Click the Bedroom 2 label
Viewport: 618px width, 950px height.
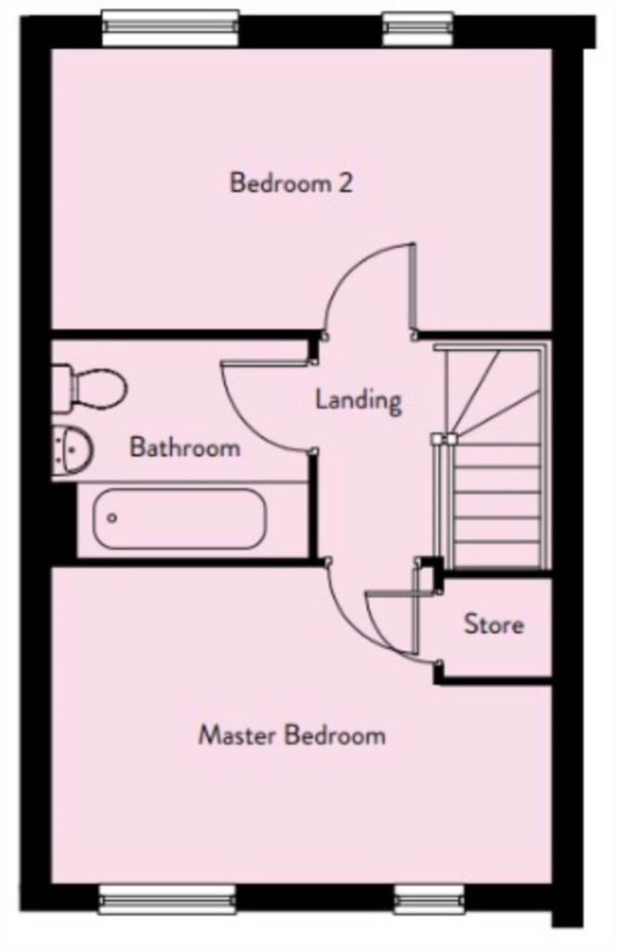290,183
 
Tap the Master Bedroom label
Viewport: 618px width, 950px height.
292,735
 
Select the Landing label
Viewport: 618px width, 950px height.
359,400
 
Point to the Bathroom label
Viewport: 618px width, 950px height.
186,447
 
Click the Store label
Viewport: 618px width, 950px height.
494,623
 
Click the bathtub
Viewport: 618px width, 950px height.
179,519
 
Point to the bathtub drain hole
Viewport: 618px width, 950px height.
111,518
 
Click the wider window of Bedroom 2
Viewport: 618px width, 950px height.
170,29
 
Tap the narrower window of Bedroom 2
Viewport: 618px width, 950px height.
418,29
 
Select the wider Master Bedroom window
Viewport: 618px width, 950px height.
167,899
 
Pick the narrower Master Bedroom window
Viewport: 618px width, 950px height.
430,899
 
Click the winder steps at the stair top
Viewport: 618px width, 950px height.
494,393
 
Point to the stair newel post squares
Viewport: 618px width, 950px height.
444,439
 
